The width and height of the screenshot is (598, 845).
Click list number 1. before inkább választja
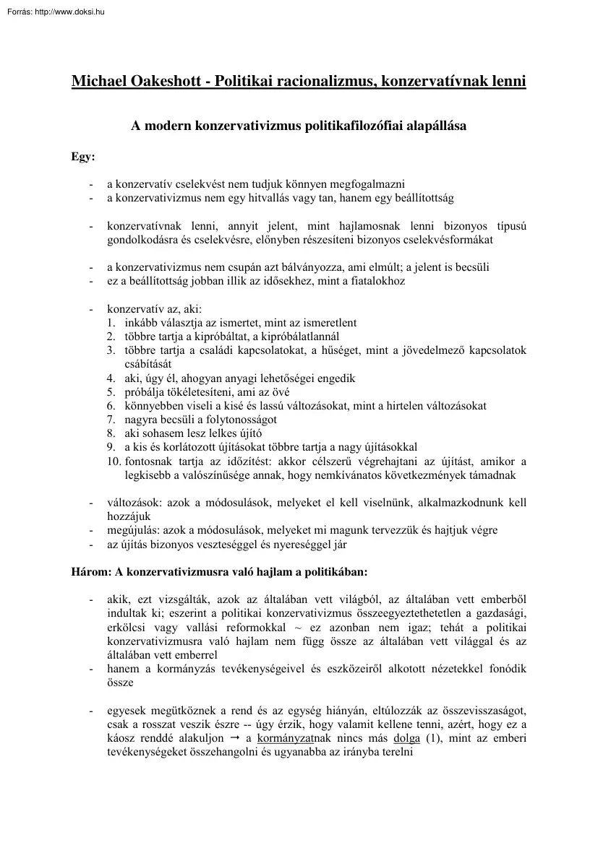pos(111,323)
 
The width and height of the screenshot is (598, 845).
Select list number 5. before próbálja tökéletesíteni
pos(111,392)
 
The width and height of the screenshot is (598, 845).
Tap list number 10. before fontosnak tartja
pos(114,461)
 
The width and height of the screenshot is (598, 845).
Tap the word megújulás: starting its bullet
pos(134,530)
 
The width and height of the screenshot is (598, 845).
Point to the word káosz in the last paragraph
pos(121,738)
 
